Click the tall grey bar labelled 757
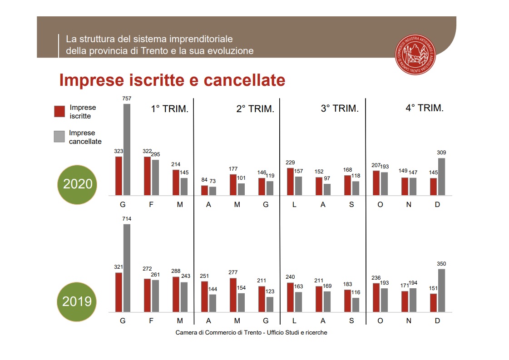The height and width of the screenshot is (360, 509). tap(127, 150)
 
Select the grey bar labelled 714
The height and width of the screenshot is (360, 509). tap(127, 268)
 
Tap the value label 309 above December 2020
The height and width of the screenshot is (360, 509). tap(441, 153)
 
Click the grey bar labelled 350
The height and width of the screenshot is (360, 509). tap(441, 291)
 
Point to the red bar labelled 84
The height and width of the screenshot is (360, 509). tap(204, 190)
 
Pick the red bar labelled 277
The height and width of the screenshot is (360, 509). tap(233, 295)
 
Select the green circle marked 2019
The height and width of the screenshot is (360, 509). tap(77, 301)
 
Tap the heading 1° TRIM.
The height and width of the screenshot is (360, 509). tap(169, 109)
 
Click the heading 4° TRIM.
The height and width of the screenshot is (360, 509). tap(425, 108)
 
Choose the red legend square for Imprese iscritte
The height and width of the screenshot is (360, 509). tap(59, 112)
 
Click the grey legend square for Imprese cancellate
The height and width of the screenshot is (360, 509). tap(59, 137)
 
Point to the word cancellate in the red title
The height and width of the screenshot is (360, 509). tap(244, 80)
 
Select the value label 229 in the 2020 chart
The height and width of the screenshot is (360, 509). tap(291, 163)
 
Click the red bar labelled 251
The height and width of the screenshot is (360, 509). tap(204, 296)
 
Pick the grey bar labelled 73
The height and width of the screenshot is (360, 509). tap(212, 191)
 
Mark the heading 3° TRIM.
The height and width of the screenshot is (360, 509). tap(340, 109)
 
